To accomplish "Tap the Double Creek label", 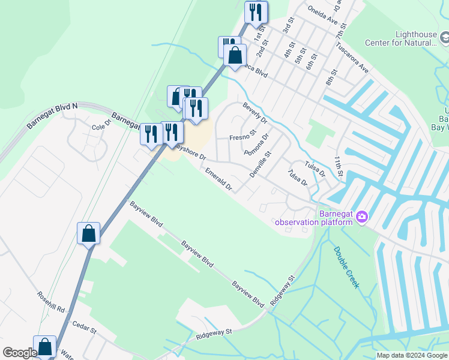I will tap(346, 268).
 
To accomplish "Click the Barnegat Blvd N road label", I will tap(52, 116).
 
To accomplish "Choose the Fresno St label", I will tap(243, 138).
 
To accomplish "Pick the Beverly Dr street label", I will tap(255, 113).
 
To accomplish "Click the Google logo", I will tap(20, 353).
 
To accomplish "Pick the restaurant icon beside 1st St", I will tap(256, 13).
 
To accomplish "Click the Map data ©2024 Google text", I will tap(412, 355).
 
